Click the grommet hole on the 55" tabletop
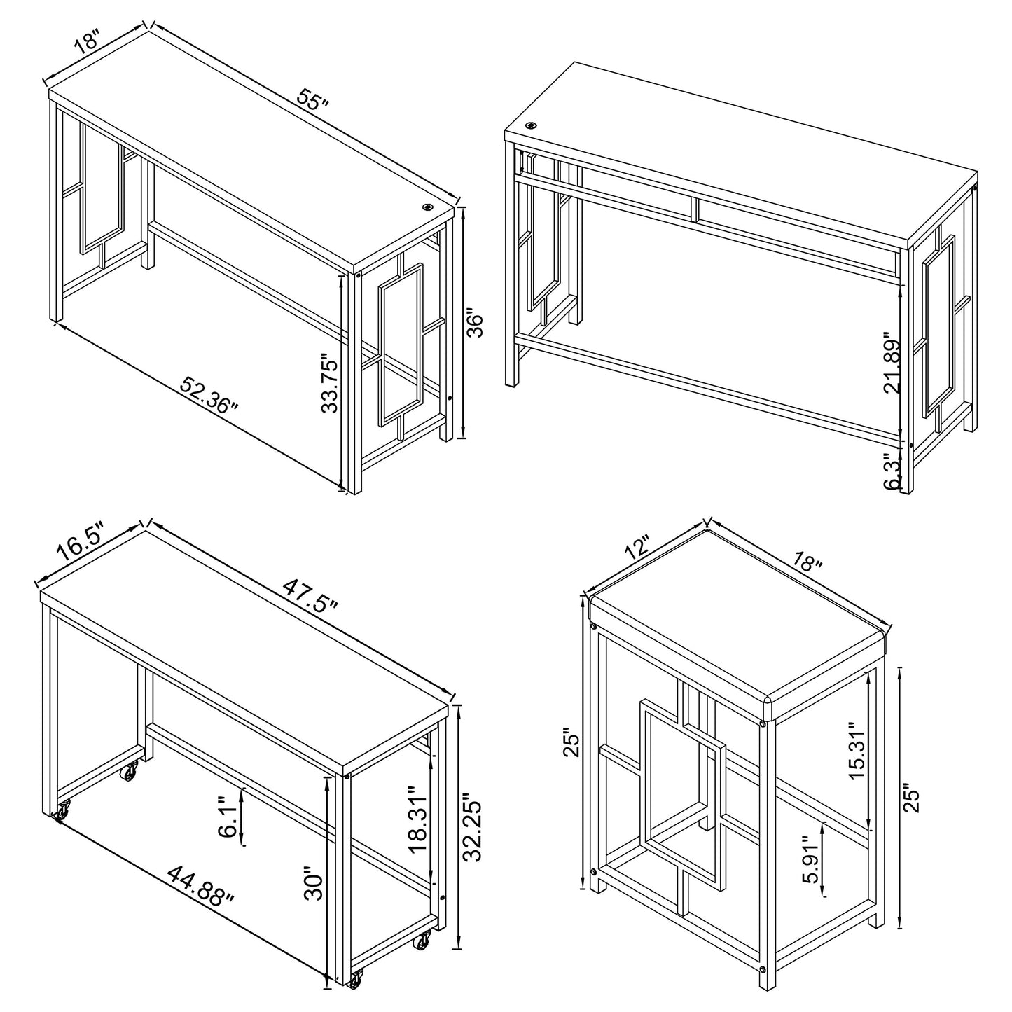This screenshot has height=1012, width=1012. (x=427, y=208)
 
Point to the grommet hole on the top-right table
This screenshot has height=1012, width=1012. (x=532, y=126)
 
